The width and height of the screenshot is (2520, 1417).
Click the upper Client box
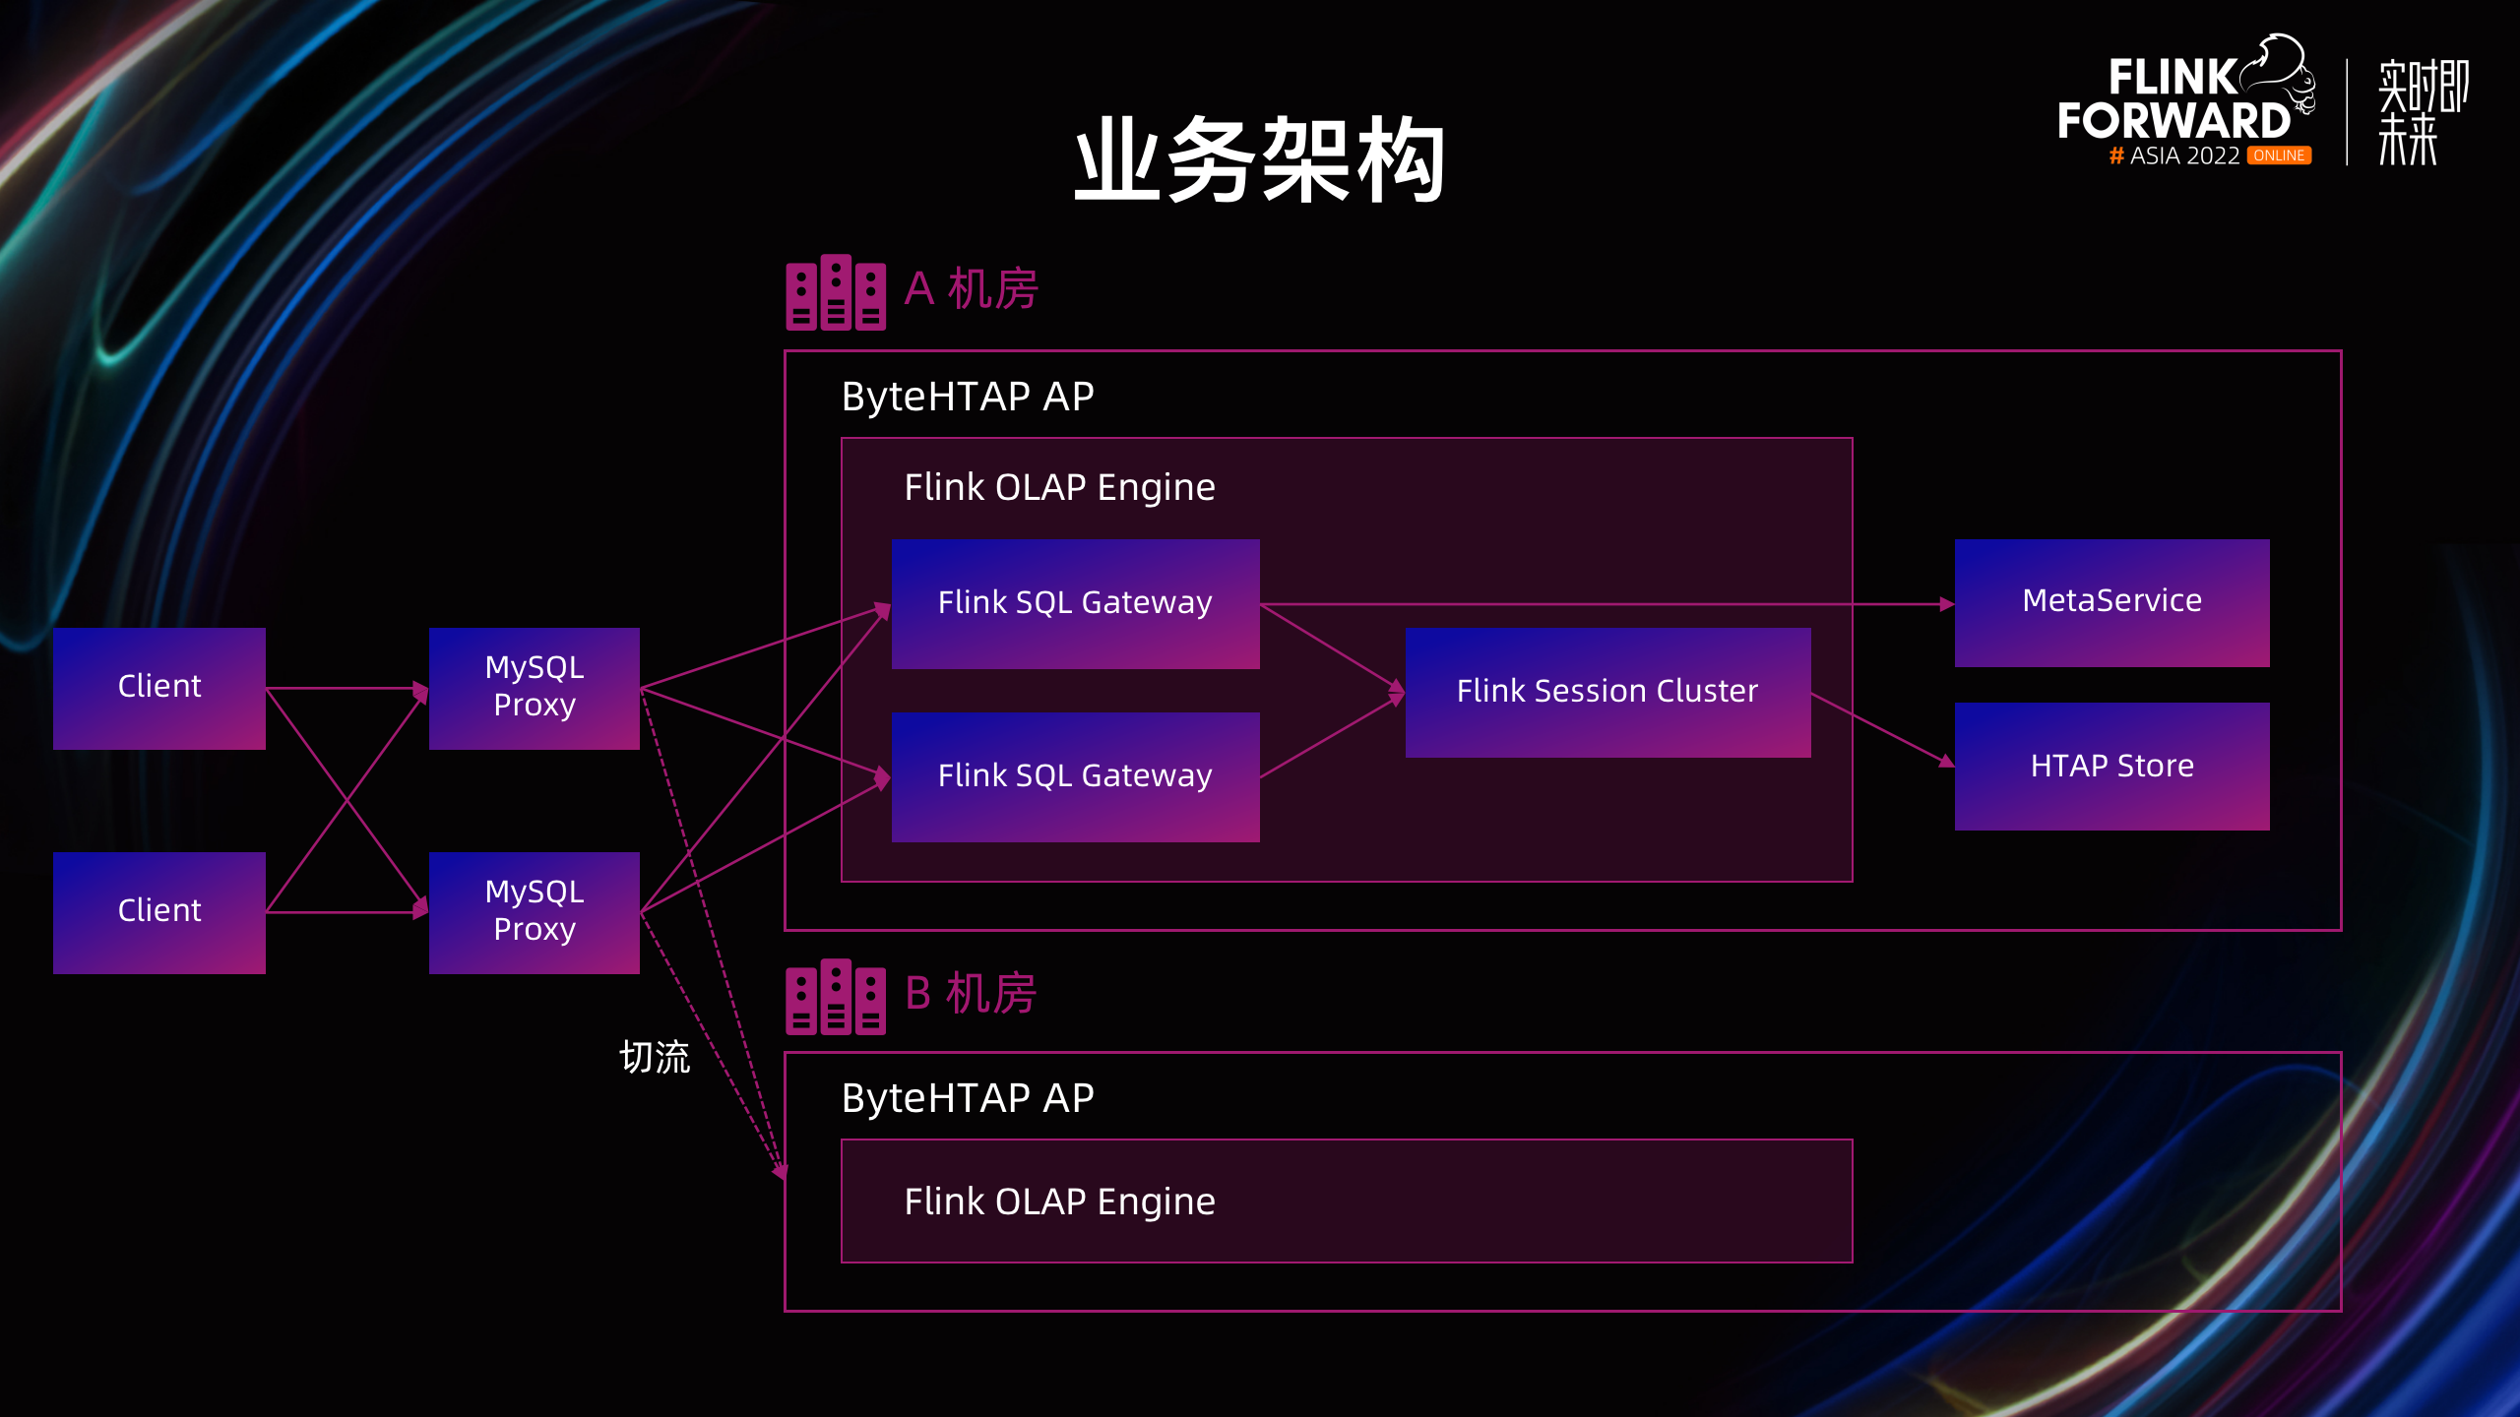tap(159, 688)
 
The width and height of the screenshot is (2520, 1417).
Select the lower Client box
tap(159, 912)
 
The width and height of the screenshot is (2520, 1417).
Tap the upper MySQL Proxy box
tap(535, 688)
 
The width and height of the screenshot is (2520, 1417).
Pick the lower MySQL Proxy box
tap(535, 912)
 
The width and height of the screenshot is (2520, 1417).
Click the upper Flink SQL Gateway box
tap(1075, 603)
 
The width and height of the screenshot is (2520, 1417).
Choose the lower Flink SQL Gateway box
tap(1075, 776)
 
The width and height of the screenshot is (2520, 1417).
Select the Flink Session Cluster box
tap(1607, 692)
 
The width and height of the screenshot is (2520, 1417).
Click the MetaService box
tap(2111, 602)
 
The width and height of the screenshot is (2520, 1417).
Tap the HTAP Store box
tap(2111, 766)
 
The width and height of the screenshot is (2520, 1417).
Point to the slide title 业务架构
tap(1259, 159)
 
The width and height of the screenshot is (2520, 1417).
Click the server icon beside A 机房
tap(836, 292)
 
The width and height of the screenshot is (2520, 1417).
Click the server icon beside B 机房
tap(836, 997)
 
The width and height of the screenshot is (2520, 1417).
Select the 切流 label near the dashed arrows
tap(655, 1058)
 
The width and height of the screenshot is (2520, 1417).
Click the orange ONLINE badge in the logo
tap(2279, 155)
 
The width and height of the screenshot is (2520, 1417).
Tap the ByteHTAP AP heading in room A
tap(968, 397)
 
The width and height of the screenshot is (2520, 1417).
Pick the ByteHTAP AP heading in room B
tap(968, 1098)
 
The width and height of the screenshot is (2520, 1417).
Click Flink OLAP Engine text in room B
tap(1059, 1201)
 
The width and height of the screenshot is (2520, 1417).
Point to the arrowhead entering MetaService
tap(1946, 604)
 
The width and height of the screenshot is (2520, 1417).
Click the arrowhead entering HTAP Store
tap(1946, 761)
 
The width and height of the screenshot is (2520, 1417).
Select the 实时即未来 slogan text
tap(2423, 111)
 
